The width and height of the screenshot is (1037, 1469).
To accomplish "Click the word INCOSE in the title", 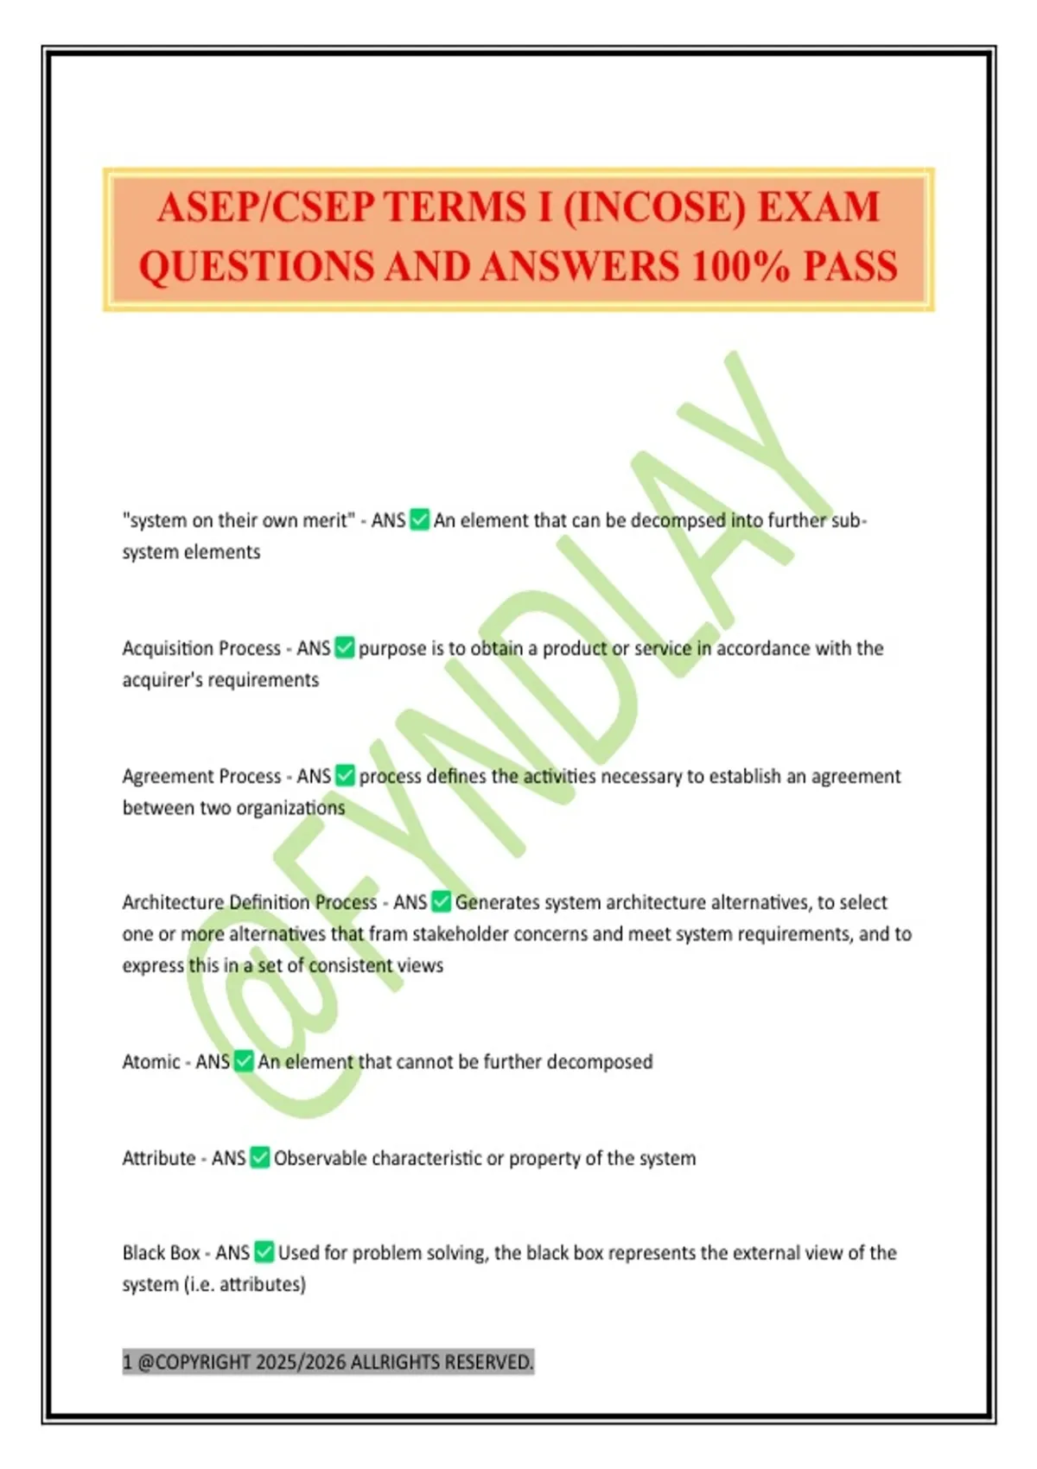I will tap(655, 208).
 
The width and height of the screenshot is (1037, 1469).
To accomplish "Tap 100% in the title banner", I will tap(740, 267).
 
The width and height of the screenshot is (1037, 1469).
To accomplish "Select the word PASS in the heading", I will tap(850, 267).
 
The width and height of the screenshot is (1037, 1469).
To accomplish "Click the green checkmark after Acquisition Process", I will tap(345, 647).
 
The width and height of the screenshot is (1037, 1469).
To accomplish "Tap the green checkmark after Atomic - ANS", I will tap(244, 1061).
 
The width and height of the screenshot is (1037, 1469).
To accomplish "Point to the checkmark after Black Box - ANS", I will tap(264, 1252).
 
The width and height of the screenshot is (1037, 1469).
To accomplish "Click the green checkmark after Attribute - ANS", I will tap(260, 1157).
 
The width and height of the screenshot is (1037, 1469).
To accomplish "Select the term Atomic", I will tap(150, 1061).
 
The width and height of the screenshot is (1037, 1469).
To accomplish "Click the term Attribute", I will tap(159, 1158).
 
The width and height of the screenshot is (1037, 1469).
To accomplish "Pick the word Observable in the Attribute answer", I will tap(320, 1158).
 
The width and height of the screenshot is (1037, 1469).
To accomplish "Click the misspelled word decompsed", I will tap(678, 520).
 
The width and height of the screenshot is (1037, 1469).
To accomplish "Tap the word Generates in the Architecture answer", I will tap(498, 902).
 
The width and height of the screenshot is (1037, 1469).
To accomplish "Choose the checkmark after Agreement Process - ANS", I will tap(345, 775).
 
